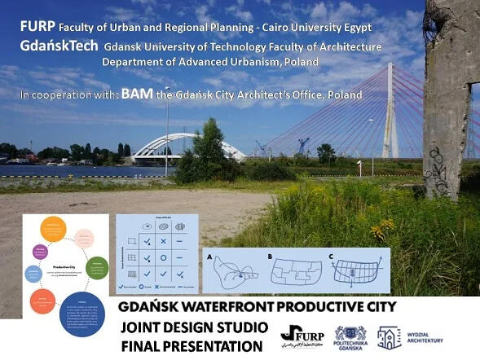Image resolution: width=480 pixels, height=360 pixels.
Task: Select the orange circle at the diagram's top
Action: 53,226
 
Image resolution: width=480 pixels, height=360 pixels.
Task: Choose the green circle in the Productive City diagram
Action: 97,267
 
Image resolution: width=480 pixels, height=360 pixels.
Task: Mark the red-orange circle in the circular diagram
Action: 42,302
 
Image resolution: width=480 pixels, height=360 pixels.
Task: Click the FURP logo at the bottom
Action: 302,333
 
